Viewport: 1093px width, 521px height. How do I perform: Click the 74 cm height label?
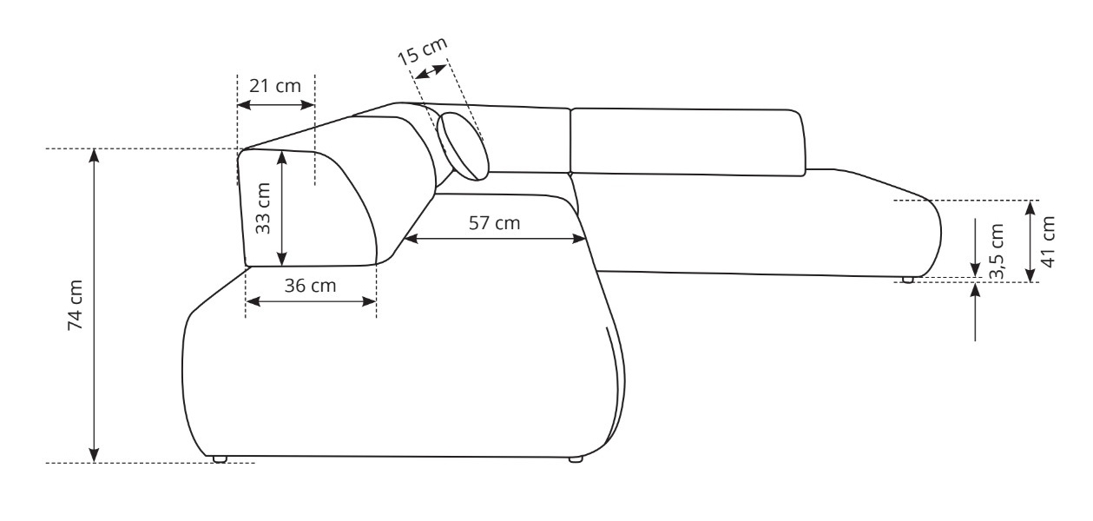point(76,306)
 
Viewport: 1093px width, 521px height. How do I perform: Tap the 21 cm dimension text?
point(275,86)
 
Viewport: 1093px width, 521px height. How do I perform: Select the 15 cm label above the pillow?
point(422,50)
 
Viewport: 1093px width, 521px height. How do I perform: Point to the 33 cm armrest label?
point(262,208)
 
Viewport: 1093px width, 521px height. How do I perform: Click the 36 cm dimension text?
point(310,286)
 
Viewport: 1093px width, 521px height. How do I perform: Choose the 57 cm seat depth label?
point(494,223)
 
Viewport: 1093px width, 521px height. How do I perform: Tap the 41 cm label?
point(1048,241)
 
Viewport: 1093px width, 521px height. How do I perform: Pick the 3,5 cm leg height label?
point(997,252)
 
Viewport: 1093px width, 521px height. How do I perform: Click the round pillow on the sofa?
point(462,147)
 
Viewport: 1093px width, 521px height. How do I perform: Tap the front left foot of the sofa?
point(220,459)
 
